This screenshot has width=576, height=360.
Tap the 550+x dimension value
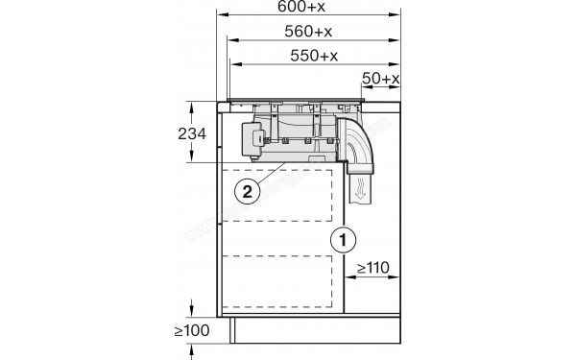pyautogui.click(x=314, y=55)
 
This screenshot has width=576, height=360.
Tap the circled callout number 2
pyautogui.click(x=248, y=191)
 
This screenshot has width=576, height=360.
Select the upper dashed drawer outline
pyautogui.click(x=281, y=196)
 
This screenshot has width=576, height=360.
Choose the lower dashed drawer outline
pyautogui.click(x=281, y=286)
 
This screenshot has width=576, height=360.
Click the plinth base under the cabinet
pyautogui.click(x=317, y=333)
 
